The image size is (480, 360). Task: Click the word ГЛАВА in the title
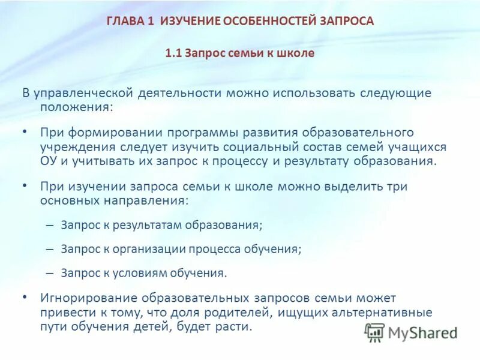(123, 22)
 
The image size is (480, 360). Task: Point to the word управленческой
(83, 94)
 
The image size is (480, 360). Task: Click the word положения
(76, 107)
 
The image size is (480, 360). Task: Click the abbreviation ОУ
(49, 161)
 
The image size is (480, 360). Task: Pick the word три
(398, 187)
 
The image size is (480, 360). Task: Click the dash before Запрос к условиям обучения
(49, 272)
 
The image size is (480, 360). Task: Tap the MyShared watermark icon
(374, 332)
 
